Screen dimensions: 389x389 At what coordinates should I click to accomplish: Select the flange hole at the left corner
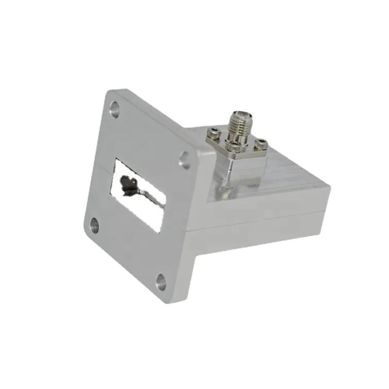click(93, 225)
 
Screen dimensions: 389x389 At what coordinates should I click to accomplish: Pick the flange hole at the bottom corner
click(160, 280)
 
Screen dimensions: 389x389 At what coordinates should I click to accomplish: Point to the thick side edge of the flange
click(199, 219)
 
